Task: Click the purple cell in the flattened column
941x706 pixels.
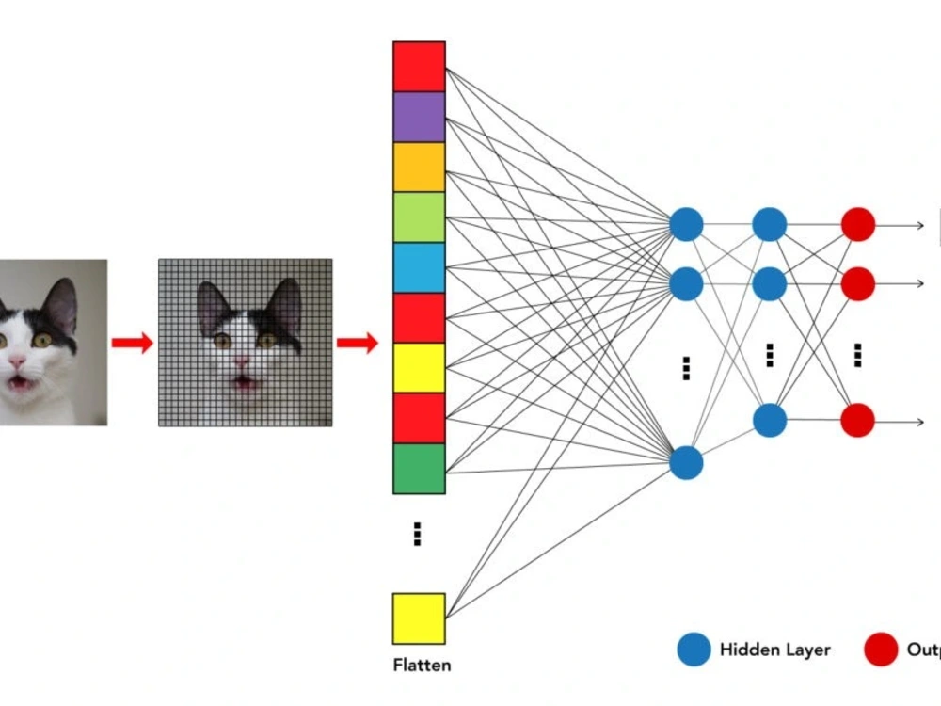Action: click(x=419, y=117)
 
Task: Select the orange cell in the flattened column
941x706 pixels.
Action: click(x=419, y=167)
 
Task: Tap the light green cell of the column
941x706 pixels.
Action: click(x=419, y=217)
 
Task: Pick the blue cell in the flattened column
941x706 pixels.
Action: click(x=419, y=267)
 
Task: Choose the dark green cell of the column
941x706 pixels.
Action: click(x=419, y=468)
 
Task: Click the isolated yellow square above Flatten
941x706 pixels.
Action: click(x=419, y=618)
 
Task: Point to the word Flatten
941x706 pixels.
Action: click(x=422, y=666)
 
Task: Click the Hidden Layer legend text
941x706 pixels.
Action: click(x=774, y=650)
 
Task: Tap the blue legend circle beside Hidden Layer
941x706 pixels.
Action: click(x=693, y=650)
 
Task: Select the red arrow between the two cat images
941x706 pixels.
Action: click(x=132, y=343)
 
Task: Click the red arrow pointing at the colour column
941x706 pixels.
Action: click(x=357, y=343)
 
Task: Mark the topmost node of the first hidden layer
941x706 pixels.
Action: click(x=686, y=225)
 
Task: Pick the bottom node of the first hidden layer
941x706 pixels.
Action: click(x=686, y=462)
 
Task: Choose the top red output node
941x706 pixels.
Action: click(x=857, y=225)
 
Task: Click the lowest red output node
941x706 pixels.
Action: click(x=857, y=421)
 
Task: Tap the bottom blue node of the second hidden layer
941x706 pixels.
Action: click(x=770, y=421)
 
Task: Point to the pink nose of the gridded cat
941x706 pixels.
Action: click(x=241, y=361)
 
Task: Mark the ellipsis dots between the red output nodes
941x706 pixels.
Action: click(x=857, y=355)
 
